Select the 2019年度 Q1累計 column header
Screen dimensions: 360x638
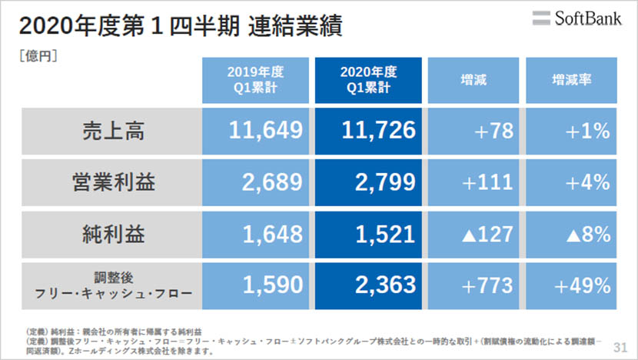(255, 80)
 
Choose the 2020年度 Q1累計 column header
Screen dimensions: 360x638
(367, 80)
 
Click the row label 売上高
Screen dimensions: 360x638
(113, 131)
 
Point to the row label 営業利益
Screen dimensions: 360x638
(113, 182)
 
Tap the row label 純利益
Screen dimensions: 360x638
(113, 234)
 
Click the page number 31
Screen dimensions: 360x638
(620, 348)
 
